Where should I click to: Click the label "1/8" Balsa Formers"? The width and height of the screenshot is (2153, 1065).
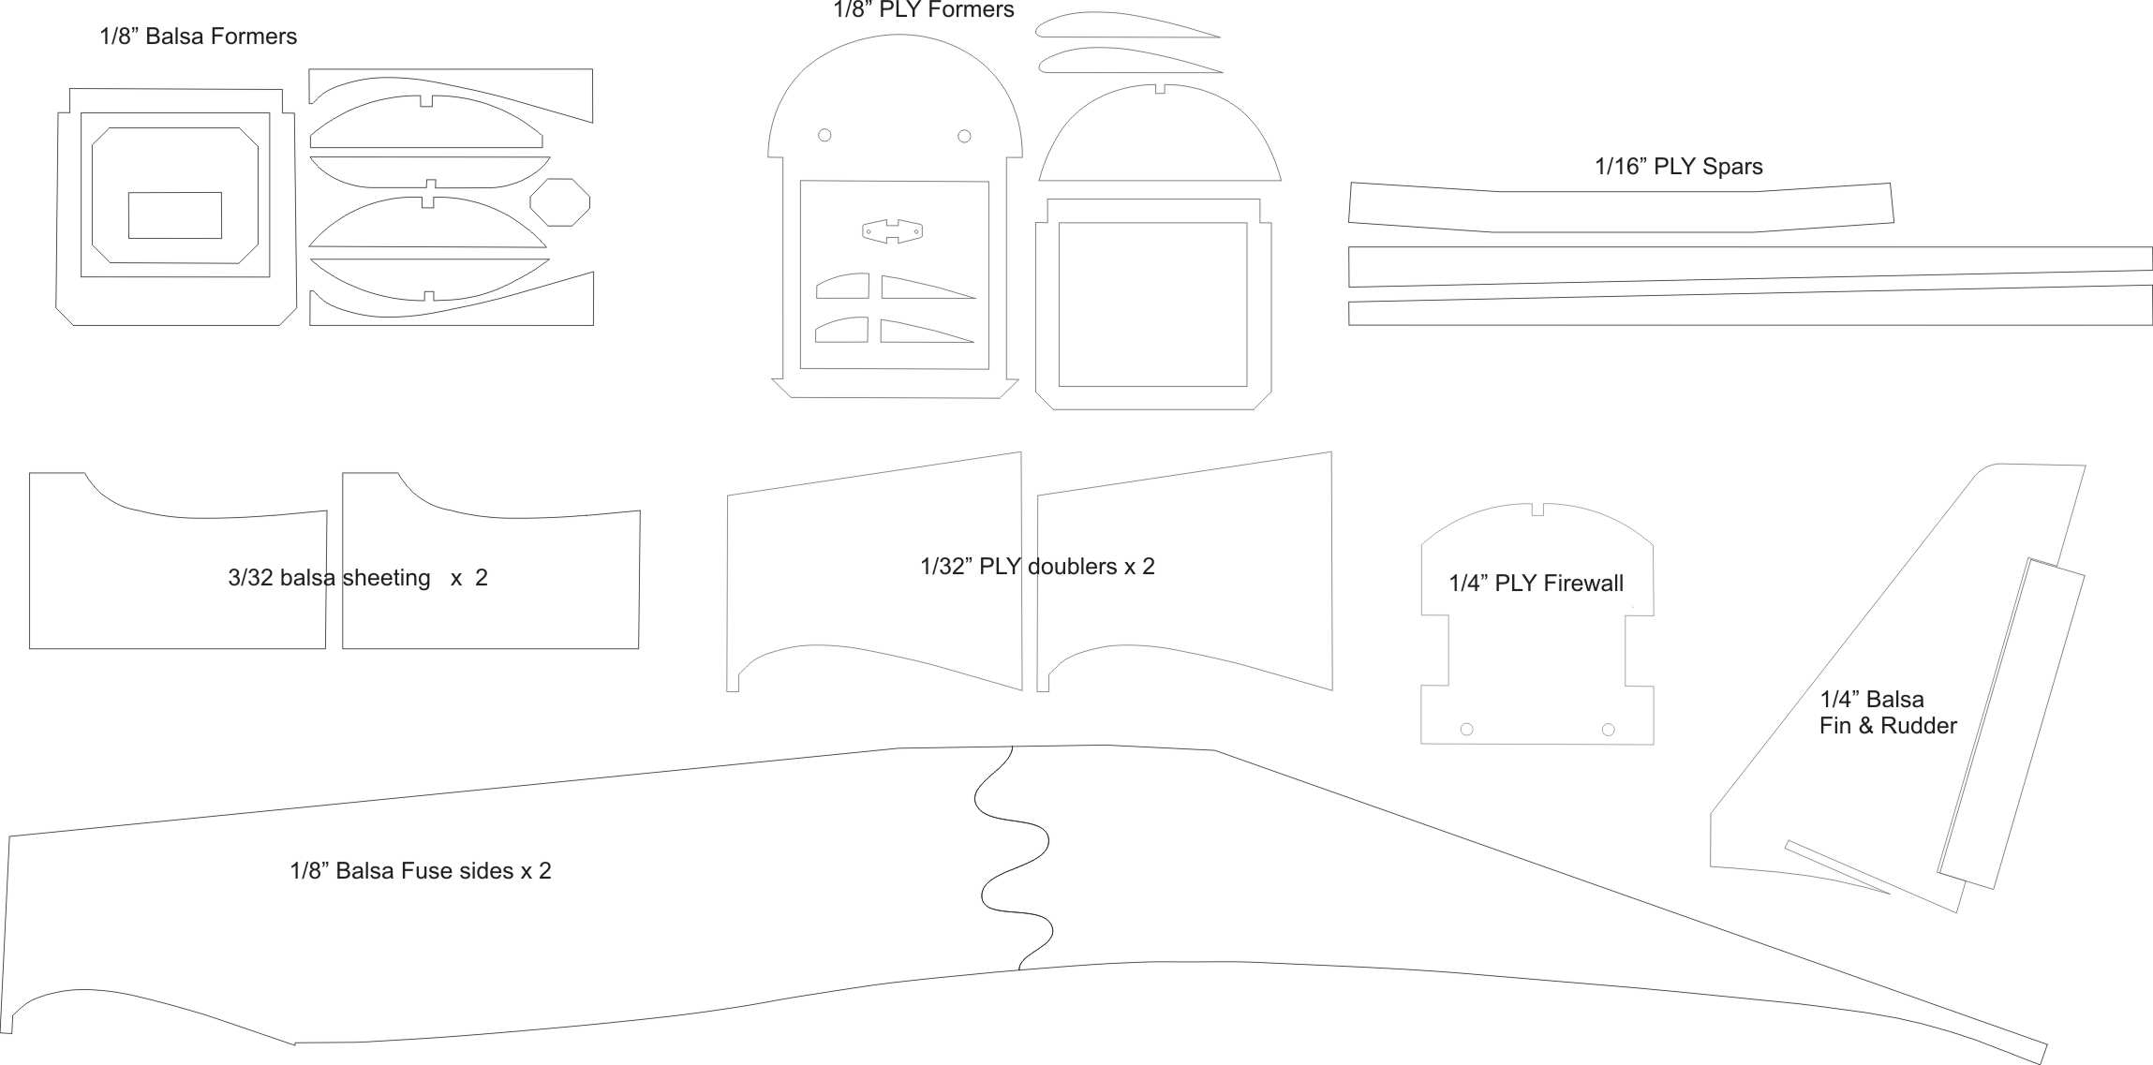click(198, 37)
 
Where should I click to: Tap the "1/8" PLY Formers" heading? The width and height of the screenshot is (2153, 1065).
click(923, 10)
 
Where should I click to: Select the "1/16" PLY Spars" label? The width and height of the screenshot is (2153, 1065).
click(1678, 167)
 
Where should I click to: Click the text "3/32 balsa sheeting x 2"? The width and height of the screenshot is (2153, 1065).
click(357, 578)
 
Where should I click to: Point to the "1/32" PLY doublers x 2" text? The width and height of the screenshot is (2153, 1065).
click(1037, 567)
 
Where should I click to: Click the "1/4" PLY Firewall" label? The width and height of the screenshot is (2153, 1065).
click(1536, 584)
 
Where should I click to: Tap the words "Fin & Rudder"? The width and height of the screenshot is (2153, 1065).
click(1887, 726)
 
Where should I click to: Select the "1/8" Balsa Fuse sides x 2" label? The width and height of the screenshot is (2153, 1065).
click(420, 871)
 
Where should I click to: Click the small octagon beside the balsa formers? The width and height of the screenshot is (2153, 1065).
click(560, 202)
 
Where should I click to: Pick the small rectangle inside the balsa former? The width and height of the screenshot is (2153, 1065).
click(175, 215)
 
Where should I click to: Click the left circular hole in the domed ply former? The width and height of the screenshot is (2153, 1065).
click(824, 135)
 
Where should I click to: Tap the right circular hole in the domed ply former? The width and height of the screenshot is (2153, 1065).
click(964, 136)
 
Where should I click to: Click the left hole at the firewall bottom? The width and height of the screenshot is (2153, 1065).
click(1467, 730)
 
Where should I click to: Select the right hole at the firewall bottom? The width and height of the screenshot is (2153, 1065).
click(1608, 730)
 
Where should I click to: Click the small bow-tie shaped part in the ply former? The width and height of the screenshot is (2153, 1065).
click(892, 231)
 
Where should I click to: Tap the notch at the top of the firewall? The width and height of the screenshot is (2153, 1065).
click(1537, 510)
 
